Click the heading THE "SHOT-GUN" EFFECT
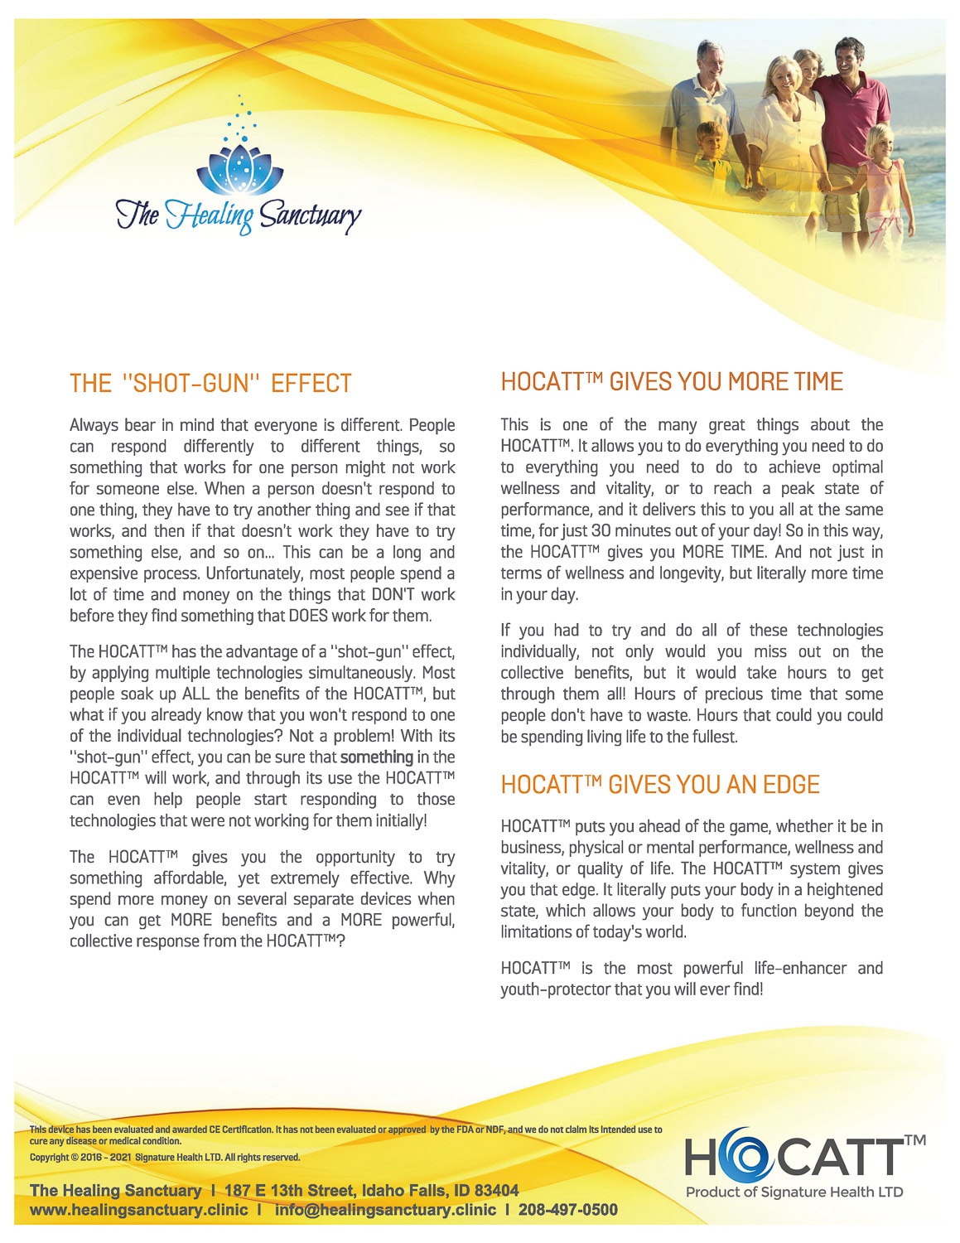click(x=210, y=384)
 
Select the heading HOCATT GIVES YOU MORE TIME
click(x=672, y=381)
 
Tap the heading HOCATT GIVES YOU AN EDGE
click(x=660, y=785)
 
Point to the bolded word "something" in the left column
click(x=376, y=757)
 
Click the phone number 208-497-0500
click(x=568, y=1210)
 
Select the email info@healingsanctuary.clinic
click(x=385, y=1210)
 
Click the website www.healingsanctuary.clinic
click(x=138, y=1210)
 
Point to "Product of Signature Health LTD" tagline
click(x=794, y=1192)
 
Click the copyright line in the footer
click(x=165, y=1158)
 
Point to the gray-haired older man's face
click(x=710, y=60)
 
